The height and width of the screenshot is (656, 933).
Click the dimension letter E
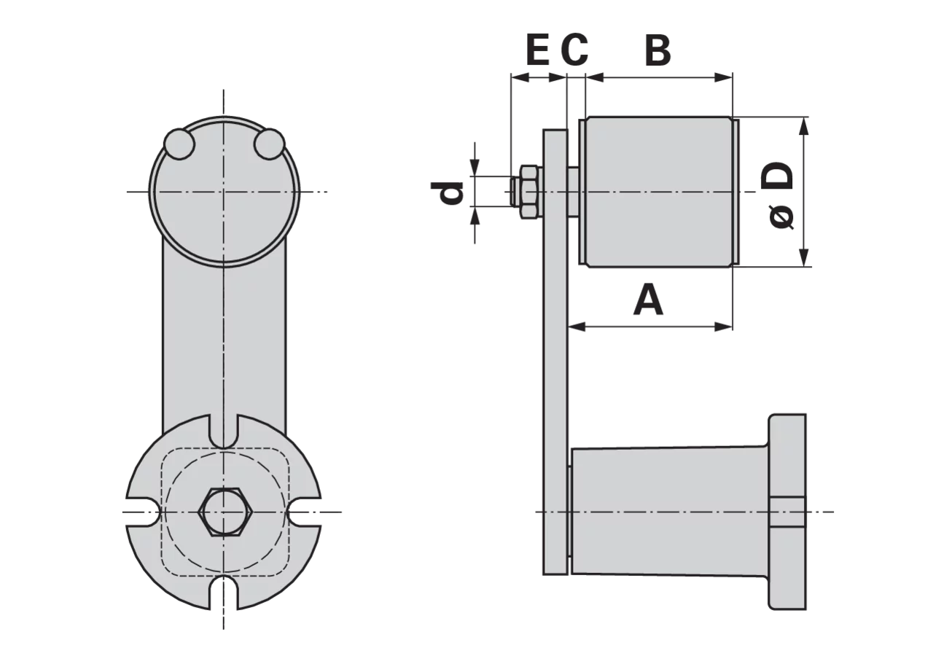pyautogui.click(x=538, y=50)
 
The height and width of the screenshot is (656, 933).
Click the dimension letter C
pyautogui.click(x=574, y=50)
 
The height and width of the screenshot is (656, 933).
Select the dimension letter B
pyautogui.click(x=657, y=50)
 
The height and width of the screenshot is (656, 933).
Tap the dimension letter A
pyautogui.click(x=648, y=299)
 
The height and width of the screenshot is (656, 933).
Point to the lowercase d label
pyautogui.click(x=448, y=193)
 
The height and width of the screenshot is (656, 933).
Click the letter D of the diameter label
pyautogui.click(x=777, y=176)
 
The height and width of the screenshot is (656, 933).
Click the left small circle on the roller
pyautogui.click(x=179, y=144)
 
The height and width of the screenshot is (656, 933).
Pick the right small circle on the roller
pyautogui.click(x=270, y=144)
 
